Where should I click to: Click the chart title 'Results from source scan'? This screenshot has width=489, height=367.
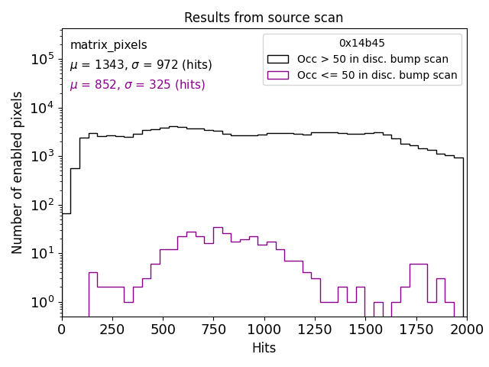[x=264, y=18]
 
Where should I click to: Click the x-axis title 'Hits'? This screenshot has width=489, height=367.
[x=264, y=348]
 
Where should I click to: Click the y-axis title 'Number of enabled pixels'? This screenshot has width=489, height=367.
[x=18, y=173]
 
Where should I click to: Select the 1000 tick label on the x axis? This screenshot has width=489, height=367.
[x=264, y=330]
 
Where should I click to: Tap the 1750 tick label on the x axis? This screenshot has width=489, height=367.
[x=416, y=330]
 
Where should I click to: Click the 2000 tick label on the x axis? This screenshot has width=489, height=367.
[x=466, y=330]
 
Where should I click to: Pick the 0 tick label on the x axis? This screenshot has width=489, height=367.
[x=62, y=330]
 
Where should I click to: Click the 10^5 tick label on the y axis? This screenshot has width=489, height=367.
[x=41, y=59]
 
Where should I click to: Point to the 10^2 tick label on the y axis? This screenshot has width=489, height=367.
[x=41, y=205]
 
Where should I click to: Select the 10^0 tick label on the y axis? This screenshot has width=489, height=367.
[x=41, y=302]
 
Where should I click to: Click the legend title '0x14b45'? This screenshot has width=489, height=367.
[x=362, y=44]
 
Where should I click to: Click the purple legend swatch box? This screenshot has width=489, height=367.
[x=277, y=75]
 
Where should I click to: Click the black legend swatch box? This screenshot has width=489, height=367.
[x=277, y=59]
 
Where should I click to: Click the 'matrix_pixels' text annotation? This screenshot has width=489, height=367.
[x=108, y=45]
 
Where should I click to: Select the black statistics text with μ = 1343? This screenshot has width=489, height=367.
[x=141, y=65]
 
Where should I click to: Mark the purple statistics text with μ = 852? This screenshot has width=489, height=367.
[x=138, y=85]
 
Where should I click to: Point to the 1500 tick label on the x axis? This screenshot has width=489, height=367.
[x=365, y=330]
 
